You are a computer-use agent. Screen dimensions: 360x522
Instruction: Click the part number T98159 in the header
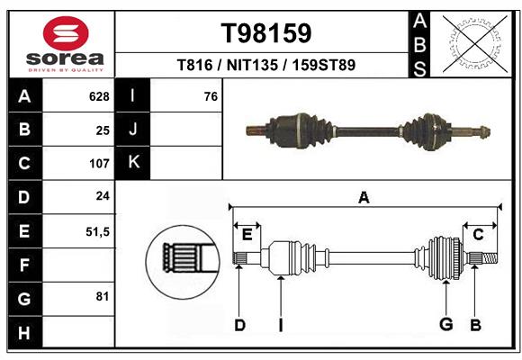pyautogui.click(x=266, y=33)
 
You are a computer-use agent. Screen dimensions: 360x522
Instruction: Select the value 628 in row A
pyautogui.click(x=98, y=96)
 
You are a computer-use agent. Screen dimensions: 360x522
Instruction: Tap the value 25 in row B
pyautogui.click(x=102, y=130)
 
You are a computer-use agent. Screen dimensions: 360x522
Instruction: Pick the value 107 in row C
pyautogui.click(x=98, y=164)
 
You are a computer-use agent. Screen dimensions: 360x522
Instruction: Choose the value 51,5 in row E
pyautogui.click(x=96, y=231)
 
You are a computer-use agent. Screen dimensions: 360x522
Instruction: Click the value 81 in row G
pyautogui.click(x=102, y=296)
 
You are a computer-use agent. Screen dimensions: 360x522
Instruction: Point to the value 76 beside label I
pyautogui.click(x=211, y=96)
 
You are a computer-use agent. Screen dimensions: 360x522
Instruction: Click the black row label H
pyautogui.click(x=24, y=333)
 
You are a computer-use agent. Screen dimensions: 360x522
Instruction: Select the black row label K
pyautogui.click(x=133, y=163)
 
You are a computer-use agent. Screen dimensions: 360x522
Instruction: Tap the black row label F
pyautogui.click(x=24, y=265)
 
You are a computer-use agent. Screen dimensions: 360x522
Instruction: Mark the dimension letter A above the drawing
pyautogui.click(x=364, y=197)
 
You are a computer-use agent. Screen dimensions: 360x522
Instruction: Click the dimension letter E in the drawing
pyautogui.click(x=247, y=234)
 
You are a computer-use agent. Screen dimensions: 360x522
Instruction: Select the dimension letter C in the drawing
pyautogui.click(x=478, y=234)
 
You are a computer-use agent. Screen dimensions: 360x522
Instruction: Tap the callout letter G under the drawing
pyautogui.click(x=445, y=325)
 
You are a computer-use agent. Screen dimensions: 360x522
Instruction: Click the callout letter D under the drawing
pyautogui.click(x=239, y=325)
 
